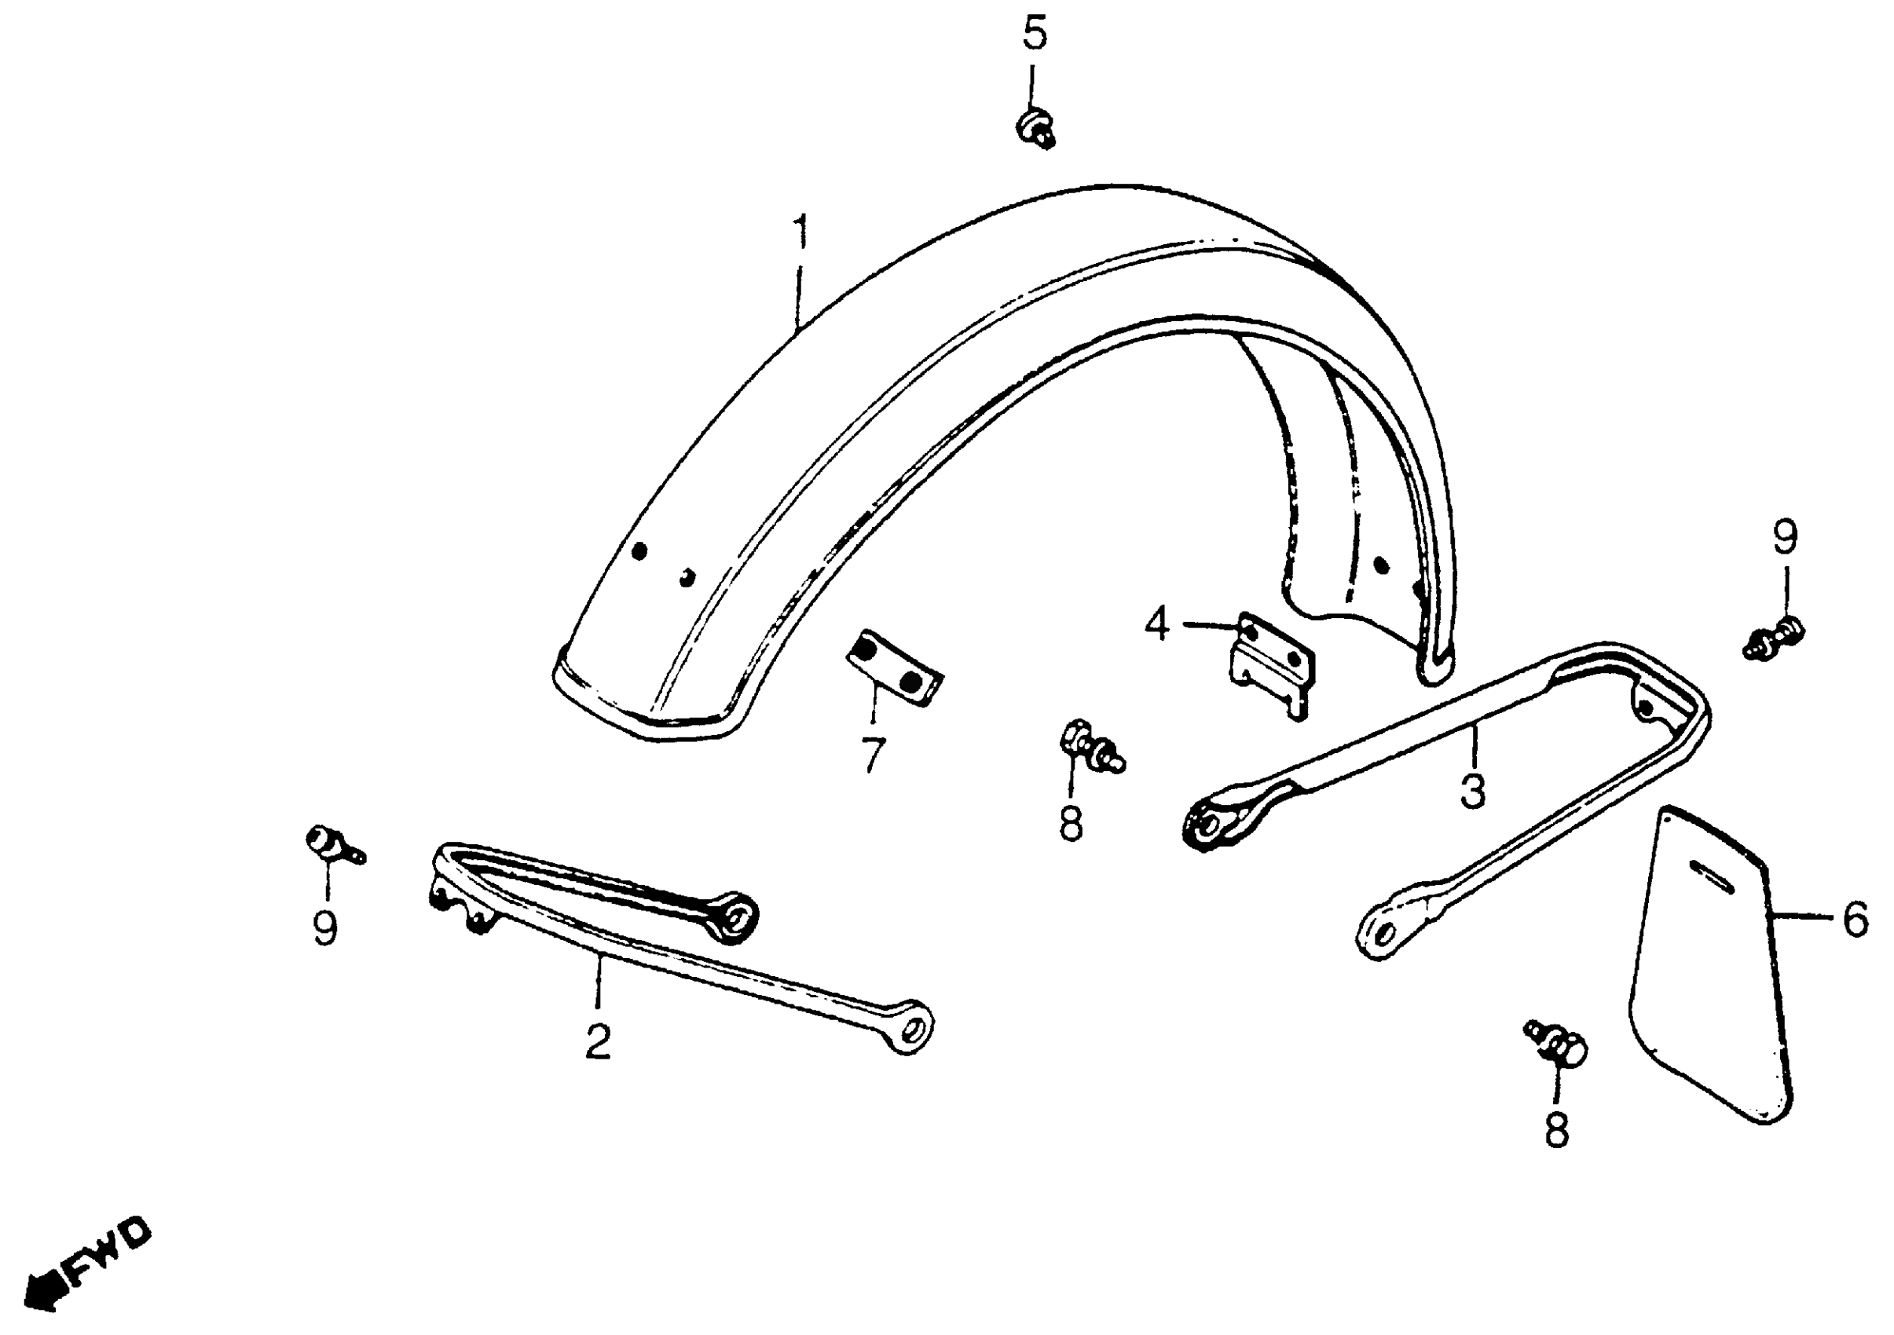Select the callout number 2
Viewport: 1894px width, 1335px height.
(598, 1042)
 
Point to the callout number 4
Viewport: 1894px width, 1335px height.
(1156, 625)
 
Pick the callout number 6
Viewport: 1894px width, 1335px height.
(1856, 920)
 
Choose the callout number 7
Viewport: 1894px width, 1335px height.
(873, 755)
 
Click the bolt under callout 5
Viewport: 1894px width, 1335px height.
(1035, 132)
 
